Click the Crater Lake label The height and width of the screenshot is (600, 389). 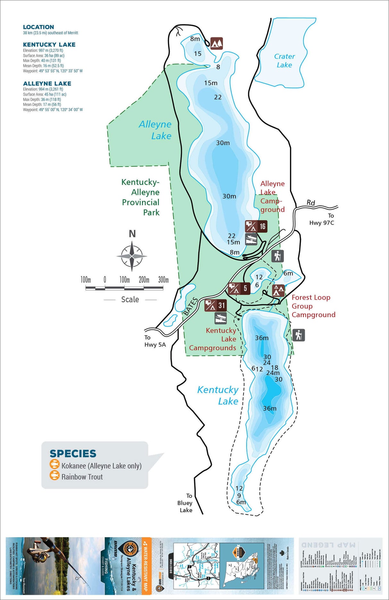(x=284, y=61)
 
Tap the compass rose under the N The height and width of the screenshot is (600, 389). (x=132, y=256)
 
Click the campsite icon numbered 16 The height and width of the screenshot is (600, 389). (x=256, y=226)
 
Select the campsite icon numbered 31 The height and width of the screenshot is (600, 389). (x=215, y=305)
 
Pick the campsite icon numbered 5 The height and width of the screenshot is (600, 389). (x=239, y=288)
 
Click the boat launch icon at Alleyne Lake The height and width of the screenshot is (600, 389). (x=251, y=239)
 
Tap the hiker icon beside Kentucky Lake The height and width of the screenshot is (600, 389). (x=299, y=335)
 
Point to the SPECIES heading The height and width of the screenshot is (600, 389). (x=73, y=453)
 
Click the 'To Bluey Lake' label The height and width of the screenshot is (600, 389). (x=186, y=503)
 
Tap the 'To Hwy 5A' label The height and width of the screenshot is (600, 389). (x=155, y=341)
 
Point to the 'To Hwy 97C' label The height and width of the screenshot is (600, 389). (x=322, y=219)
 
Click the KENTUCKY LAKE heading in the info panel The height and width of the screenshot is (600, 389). (x=49, y=45)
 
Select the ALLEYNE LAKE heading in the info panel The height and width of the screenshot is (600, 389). (x=47, y=83)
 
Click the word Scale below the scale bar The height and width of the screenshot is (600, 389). (x=130, y=300)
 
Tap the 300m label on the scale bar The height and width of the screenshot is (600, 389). (x=163, y=280)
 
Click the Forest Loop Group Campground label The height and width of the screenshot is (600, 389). (x=313, y=306)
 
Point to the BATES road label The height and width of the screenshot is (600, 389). (x=190, y=306)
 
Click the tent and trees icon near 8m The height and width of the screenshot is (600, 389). (x=216, y=43)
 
